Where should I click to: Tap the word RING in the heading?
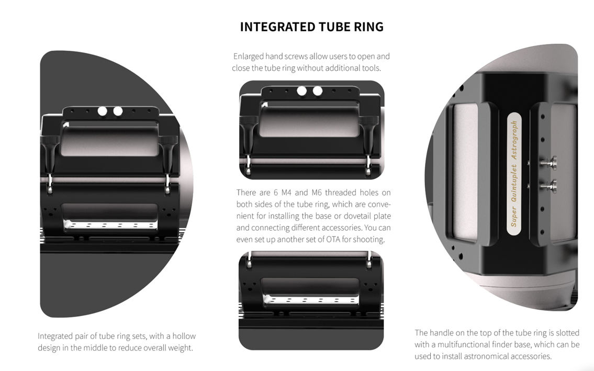tap(368, 27)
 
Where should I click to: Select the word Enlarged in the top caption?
tap(248, 57)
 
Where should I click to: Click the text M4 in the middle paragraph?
tap(285, 193)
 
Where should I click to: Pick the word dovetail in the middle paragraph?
tap(363, 216)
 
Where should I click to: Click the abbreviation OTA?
tap(333, 240)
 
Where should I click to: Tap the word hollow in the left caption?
tap(184, 336)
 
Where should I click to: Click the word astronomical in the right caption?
tap(487, 356)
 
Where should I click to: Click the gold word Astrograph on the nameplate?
tap(514, 141)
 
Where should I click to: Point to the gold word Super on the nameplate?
tap(514, 217)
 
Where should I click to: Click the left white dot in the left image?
tap(102, 111)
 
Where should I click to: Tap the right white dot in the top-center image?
tap(318, 91)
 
